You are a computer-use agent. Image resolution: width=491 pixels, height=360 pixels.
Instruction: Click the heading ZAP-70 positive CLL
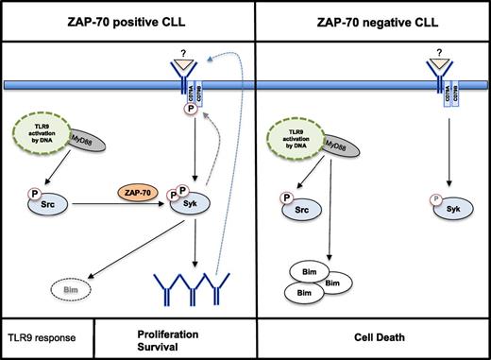click(x=127, y=20)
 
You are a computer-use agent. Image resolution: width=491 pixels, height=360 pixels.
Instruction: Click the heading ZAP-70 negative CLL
click(x=372, y=20)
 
